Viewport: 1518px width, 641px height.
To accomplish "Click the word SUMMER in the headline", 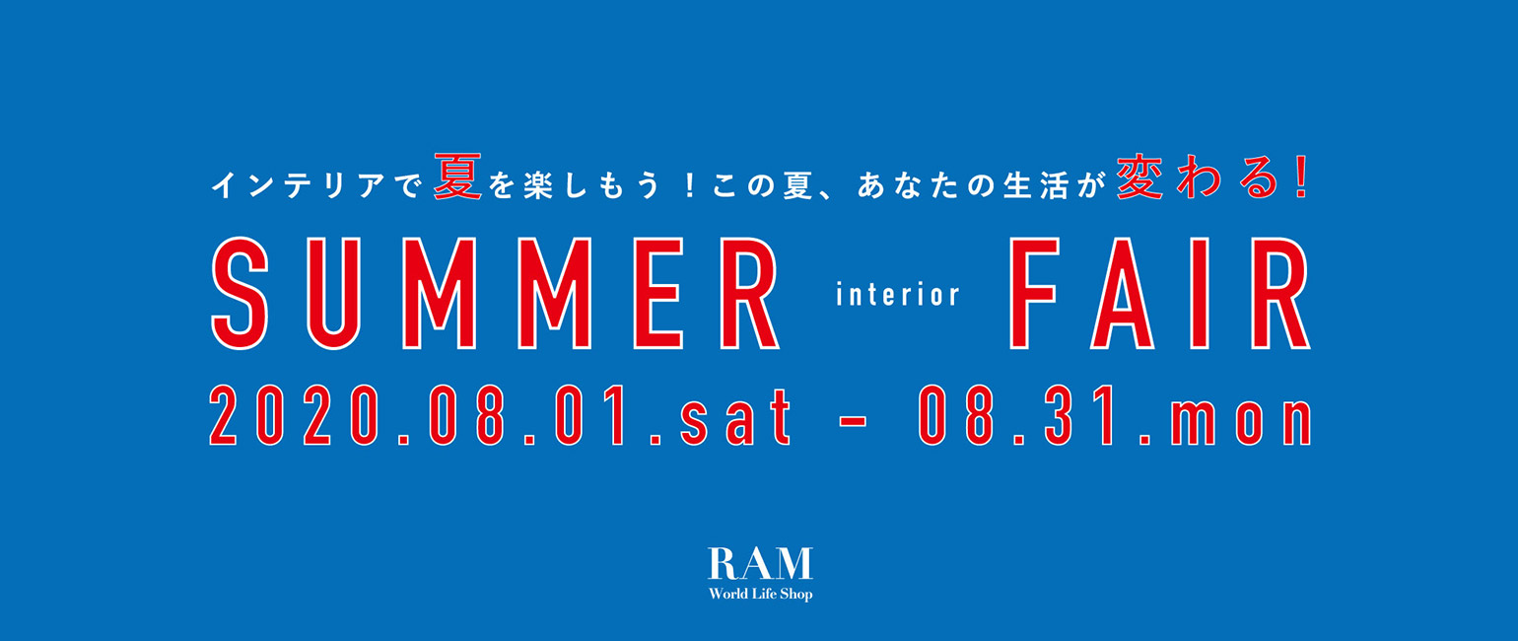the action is (496, 294).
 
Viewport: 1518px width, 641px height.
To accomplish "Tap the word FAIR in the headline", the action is (1160, 294).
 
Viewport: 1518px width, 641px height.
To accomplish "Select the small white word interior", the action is (898, 295).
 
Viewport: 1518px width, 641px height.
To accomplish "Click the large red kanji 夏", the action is (457, 178).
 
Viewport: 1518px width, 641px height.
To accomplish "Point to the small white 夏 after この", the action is (797, 185).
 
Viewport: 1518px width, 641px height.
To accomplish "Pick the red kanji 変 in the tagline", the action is (1139, 178).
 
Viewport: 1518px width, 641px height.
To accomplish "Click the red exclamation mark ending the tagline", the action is (1300, 178).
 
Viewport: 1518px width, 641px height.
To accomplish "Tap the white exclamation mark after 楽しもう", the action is (690, 185).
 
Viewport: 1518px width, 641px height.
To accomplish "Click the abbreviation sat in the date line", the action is (735, 418).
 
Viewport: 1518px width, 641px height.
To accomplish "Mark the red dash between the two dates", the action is (853, 420).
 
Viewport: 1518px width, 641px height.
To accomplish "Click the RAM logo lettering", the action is (760, 564).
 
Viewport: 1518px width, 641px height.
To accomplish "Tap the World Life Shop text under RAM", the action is (760, 595).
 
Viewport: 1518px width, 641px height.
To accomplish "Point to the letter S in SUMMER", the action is (240, 294).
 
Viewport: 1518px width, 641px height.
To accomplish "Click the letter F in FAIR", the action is (1034, 294).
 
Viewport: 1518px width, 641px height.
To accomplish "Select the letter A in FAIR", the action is (1122, 294).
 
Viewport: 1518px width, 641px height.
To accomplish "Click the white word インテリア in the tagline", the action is (298, 185).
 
